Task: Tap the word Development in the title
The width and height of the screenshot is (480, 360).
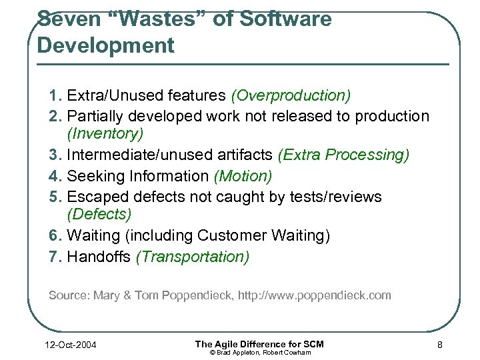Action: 106,45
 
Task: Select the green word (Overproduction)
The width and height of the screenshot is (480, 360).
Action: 291,96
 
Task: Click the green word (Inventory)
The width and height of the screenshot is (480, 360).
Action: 105,134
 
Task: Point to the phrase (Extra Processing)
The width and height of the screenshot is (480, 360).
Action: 343,155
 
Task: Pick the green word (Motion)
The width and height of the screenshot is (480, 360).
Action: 243,176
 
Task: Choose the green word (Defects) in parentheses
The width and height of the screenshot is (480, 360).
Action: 99,215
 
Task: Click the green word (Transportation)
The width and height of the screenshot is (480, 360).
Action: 193,257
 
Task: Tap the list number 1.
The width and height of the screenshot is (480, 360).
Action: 55,96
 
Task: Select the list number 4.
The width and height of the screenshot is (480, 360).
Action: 55,176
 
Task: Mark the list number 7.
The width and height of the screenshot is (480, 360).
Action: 55,257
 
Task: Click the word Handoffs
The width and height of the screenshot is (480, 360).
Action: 99,257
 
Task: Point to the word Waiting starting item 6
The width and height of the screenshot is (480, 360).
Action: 93,236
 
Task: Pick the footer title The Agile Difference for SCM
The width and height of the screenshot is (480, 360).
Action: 259,343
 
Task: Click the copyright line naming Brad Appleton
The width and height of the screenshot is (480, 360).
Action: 259,352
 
